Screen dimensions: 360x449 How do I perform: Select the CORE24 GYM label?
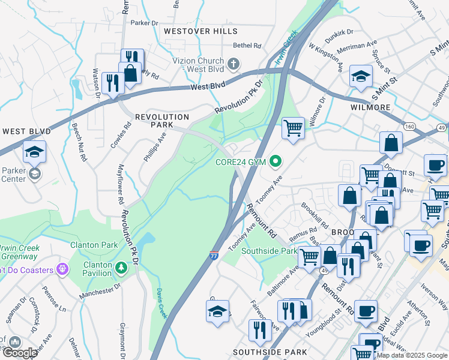241,161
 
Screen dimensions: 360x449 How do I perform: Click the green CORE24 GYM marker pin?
276,160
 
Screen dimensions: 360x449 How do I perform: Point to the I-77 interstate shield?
214,256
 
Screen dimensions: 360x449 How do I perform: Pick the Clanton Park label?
94,245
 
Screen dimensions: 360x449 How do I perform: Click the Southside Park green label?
269,251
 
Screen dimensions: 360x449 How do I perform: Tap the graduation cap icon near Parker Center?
34,153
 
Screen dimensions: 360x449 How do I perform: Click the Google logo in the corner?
20,353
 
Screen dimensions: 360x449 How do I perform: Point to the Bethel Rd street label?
247,45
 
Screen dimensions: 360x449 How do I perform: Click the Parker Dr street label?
143,23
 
